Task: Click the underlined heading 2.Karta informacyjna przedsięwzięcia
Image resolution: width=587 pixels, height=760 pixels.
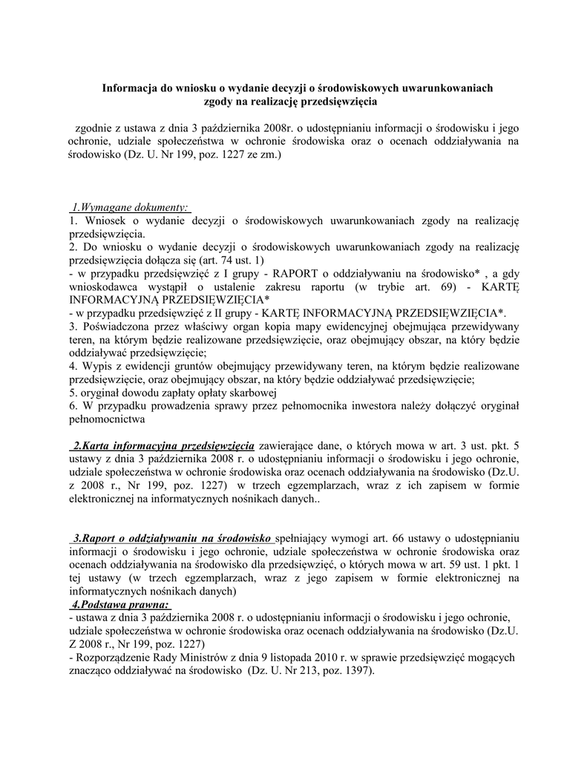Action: click(x=163, y=446)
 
